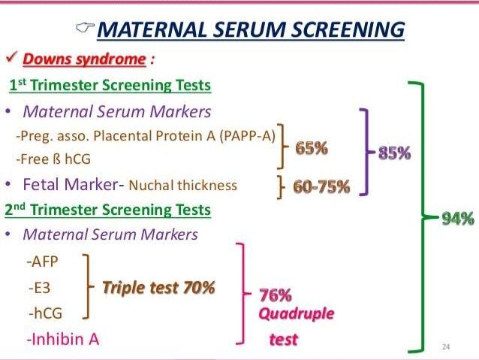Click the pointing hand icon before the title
86,28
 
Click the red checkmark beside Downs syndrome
11,57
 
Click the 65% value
312,148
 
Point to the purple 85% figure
394,153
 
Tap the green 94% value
458,219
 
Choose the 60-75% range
321,186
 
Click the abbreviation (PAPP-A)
248,136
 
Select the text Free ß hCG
54,159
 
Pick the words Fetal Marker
71,184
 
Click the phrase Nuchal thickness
183,186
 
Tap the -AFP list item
43,262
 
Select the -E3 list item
39,288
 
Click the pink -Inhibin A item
63,339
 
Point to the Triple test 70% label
158,288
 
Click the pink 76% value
276,295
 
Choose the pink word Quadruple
297,314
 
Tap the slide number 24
446,346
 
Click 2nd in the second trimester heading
15,209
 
